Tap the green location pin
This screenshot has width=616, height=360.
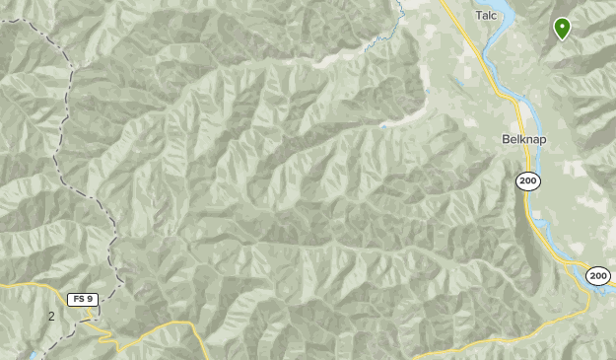[x=562, y=28]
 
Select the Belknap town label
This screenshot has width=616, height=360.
[x=523, y=139]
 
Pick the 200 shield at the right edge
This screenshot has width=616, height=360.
[x=598, y=276]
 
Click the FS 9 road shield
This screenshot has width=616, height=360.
[x=82, y=299]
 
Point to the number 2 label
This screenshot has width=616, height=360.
[x=51, y=317]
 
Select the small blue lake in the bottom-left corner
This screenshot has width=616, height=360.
[x=33, y=353]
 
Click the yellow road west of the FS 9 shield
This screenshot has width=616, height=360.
[x=34, y=287]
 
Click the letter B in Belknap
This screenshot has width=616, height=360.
[x=506, y=139]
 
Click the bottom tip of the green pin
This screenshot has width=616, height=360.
[x=562, y=39]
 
